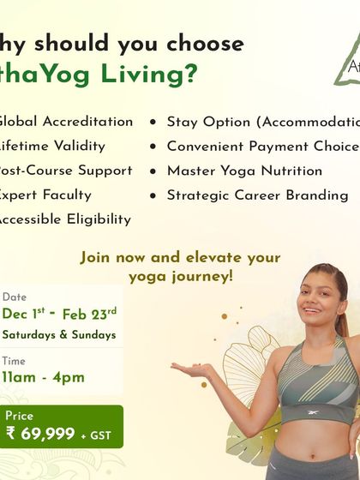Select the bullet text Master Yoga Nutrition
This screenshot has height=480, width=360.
coord(244,171)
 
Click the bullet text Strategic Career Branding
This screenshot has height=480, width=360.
coord(257,195)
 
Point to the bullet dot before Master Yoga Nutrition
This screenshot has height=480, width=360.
coord(153,171)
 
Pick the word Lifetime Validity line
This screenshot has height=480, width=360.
coord(51,146)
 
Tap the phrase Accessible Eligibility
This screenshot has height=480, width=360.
coord(63,219)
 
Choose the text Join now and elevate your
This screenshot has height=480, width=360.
coord(180,257)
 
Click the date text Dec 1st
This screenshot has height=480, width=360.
coord(25,314)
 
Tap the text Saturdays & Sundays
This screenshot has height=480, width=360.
coord(58,334)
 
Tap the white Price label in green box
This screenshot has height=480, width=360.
coord(19,416)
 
